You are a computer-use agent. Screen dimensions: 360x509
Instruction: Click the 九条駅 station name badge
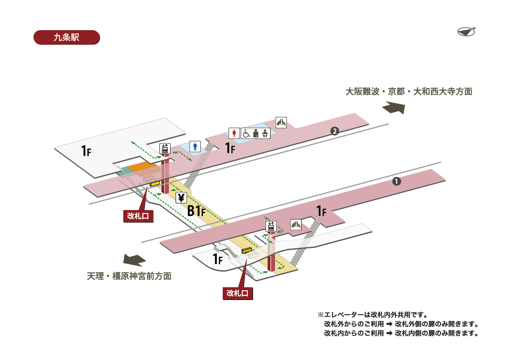(x=66, y=37)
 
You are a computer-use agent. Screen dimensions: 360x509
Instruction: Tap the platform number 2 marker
(x=335, y=131)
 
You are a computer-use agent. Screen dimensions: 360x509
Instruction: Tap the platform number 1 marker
(x=396, y=181)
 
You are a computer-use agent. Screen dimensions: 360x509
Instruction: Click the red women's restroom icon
(x=235, y=133)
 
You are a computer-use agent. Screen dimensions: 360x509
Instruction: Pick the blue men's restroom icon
(x=195, y=146)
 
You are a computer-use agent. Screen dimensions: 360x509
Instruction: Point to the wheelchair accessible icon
(x=246, y=133)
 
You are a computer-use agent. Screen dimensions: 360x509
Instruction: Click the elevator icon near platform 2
(x=165, y=149)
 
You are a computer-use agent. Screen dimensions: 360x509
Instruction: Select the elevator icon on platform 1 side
(x=271, y=226)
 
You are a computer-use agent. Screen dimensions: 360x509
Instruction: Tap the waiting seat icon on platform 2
(x=281, y=122)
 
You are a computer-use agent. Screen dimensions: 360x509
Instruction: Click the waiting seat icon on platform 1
(x=296, y=224)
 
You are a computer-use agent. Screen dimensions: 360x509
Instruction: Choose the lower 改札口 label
(x=238, y=293)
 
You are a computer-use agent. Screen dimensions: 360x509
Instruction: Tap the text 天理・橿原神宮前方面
(x=129, y=276)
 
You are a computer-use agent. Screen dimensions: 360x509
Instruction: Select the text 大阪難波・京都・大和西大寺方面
(x=408, y=91)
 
